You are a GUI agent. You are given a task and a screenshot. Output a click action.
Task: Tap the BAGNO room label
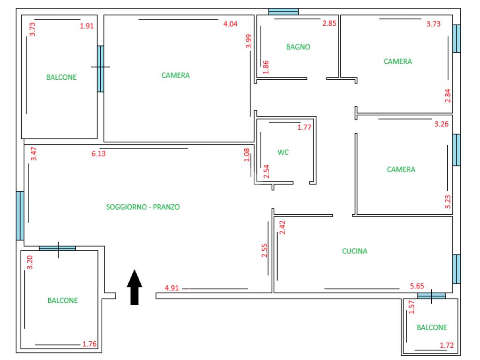(x=298, y=47)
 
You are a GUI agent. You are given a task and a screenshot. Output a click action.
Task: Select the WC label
(x=283, y=152)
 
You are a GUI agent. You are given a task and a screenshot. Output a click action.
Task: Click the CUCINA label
(x=354, y=251)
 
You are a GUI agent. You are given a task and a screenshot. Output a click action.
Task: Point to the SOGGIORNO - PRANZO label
(x=143, y=207)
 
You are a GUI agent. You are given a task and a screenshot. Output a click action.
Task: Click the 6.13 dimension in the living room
(x=98, y=153)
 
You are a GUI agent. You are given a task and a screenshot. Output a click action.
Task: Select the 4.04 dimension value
(x=230, y=24)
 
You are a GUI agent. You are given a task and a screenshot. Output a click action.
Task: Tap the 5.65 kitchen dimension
(x=417, y=286)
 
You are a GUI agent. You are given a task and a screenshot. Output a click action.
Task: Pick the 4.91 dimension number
(x=172, y=288)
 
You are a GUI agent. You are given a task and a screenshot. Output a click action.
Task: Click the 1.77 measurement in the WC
(x=305, y=127)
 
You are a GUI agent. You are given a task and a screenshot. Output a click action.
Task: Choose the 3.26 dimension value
(x=441, y=124)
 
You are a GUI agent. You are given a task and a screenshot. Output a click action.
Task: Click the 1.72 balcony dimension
(x=447, y=346)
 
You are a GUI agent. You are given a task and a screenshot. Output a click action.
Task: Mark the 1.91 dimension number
(x=87, y=26)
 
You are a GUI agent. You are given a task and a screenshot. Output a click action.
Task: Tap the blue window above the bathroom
(x=283, y=12)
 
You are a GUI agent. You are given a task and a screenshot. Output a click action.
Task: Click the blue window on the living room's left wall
(x=20, y=216)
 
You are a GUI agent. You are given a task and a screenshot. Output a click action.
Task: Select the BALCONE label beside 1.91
(x=61, y=77)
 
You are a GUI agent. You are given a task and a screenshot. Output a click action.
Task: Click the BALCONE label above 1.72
(x=432, y=328)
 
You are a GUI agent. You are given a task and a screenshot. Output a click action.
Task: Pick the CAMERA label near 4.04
(x=175, y=75)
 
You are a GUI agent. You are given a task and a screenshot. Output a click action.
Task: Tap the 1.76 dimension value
(x=89, y=344)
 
